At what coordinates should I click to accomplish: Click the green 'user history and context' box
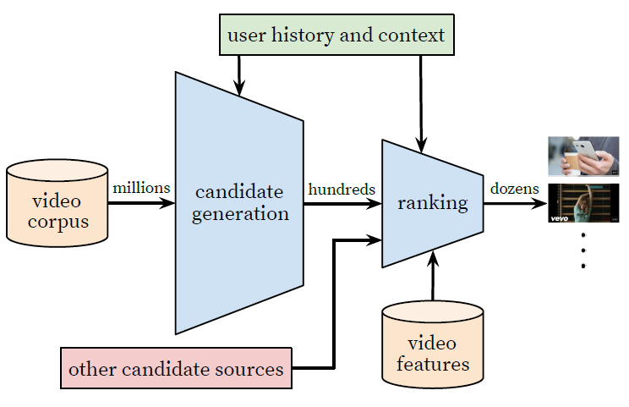click(336, 36)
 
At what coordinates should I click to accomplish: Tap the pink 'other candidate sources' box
click(176, 369)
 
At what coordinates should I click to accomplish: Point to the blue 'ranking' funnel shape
click(433, 203)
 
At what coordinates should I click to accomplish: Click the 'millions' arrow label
click(142, 188)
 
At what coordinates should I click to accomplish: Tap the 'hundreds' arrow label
click(342, 189)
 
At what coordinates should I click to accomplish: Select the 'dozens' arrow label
click(514, 189)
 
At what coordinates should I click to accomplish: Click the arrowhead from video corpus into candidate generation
click(166, 203)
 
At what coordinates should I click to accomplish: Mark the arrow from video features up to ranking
click(433, 279)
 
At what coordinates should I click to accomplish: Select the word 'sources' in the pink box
click(252, 370)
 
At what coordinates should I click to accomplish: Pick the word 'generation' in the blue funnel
click(240, 213)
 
